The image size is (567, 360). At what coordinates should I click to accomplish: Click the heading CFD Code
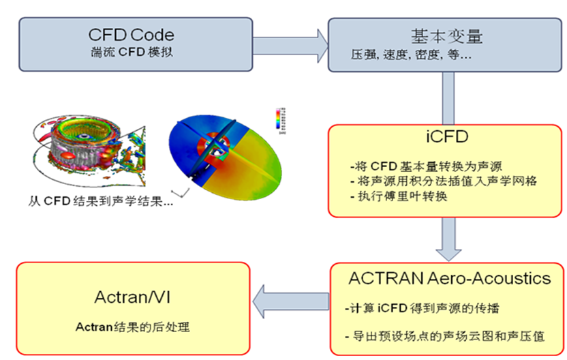(x=131, y=34)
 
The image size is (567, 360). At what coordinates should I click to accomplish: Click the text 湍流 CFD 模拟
(x=131, y=51)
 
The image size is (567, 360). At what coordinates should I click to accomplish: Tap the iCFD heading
(x=446, y=136)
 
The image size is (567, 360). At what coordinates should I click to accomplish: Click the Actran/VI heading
(x=131, y=298)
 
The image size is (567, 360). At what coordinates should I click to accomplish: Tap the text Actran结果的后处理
(x=132, y=327)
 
